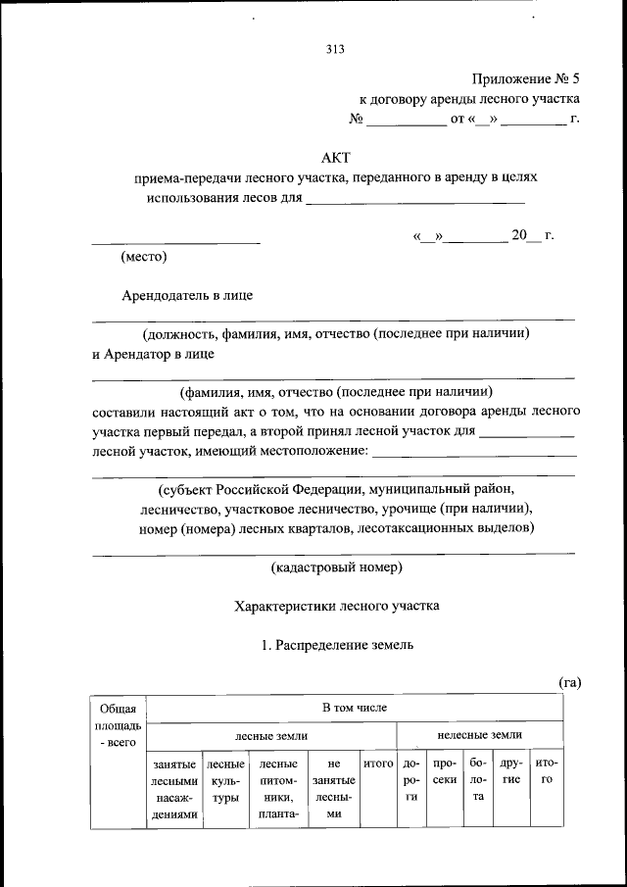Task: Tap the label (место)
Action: coord(143,258)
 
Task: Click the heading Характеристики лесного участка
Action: coord(337,606)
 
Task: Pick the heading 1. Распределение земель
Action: coord(337,645)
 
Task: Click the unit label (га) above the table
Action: coord(570,682)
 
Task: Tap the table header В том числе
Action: coord(355,707)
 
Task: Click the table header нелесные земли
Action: coord(479,734)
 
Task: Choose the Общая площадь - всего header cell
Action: coord(118,726)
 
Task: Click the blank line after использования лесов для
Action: coord(415,202)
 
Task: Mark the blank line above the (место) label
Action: coord(175,241)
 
